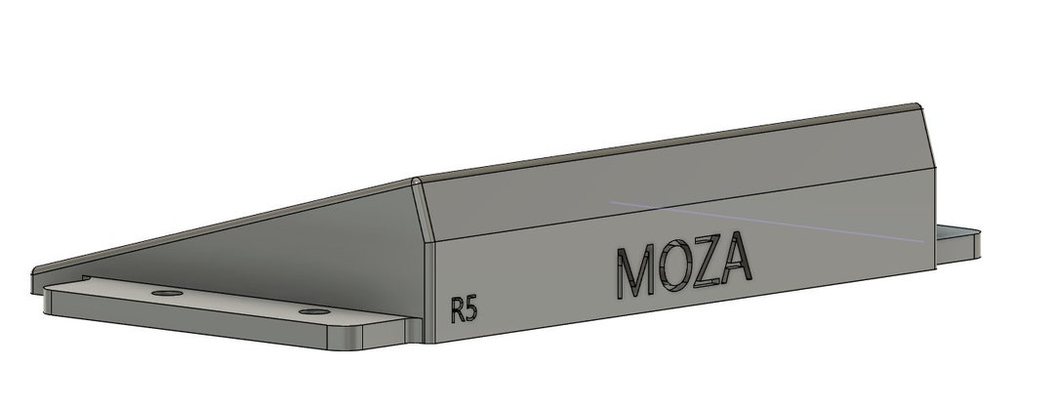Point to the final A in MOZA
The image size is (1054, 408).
pyautogui.click(x=737, y=261)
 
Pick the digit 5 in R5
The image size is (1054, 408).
pyautogui.click(x=471, y=310)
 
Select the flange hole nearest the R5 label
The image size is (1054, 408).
pyautogui.click(x=313, y=311)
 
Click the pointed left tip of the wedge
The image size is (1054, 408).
pyautogui.click(x=37, y=270)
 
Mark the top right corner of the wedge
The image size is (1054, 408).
pyautogui.click(x=917, y=106)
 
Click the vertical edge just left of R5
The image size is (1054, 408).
pyautogui.click(x=429, y=293)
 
